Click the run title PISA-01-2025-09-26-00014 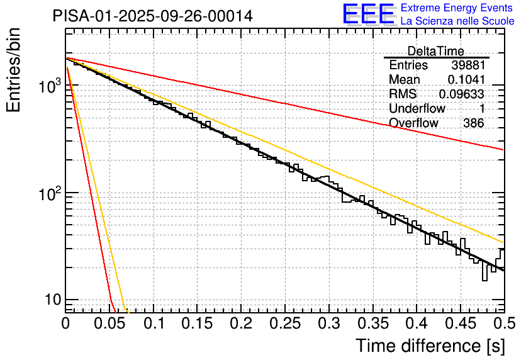click(153, 16)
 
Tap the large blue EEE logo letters click(368, 14)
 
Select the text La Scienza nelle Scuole click(457, 21)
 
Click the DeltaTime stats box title click(436, 51)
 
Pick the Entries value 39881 click(467, 65)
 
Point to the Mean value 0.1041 click(466, 79)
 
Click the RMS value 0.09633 click(461, 94)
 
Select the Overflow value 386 click(473, 123)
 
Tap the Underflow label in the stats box click(417, 108)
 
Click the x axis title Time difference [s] click(430, 346)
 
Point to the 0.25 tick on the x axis click(284, 323)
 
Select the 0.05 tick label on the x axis click(109, 323)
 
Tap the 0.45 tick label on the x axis click(460, 323)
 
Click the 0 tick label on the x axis click(65, 323)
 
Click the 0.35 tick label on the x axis click(372, 323)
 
